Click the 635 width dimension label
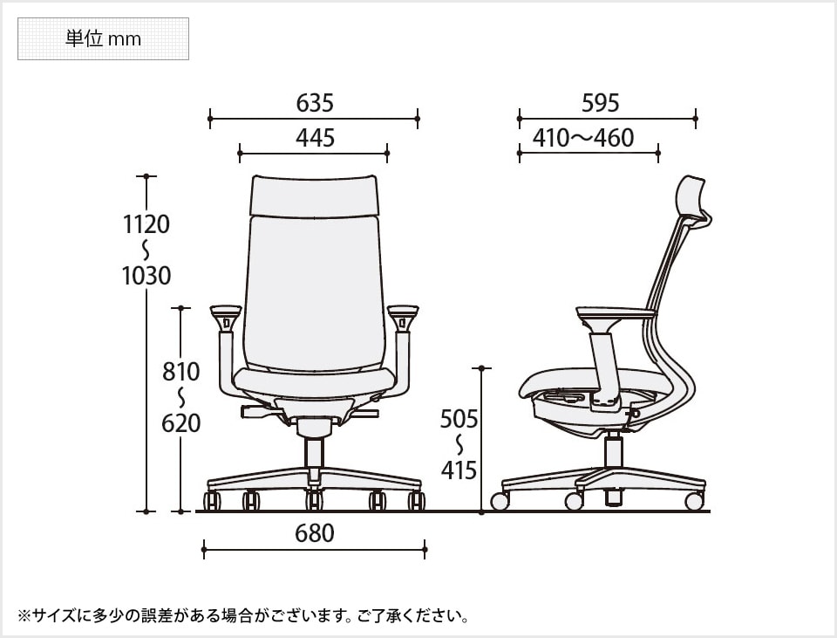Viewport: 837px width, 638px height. tap(315, 104)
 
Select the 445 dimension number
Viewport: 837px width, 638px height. tap(315, 138)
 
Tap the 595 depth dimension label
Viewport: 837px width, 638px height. tap(600, 103)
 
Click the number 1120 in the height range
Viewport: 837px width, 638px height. tap(146, 224)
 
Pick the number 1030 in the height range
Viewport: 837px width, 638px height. tap(146, 276)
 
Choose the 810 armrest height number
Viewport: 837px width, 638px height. tap(181, 372)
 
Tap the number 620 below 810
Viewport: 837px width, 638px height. tap(181, 423)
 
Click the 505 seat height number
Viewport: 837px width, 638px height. tap(459, 419)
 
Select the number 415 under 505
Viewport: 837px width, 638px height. tap(459, 470)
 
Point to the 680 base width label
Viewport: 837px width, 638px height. tap(315, 532)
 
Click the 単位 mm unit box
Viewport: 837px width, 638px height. tap(103, 39)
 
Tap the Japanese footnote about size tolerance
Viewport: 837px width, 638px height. tap(243, 616)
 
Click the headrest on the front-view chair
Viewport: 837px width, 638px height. tap(314, 195)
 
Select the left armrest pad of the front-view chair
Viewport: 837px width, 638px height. tap(226, 310)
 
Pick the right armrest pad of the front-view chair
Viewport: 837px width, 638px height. tap(403, 310)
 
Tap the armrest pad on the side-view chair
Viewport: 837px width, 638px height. tap(615, 312)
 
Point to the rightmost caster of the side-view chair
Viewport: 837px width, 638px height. tap(694, 501)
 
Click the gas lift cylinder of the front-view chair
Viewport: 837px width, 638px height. tap(314, 453)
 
